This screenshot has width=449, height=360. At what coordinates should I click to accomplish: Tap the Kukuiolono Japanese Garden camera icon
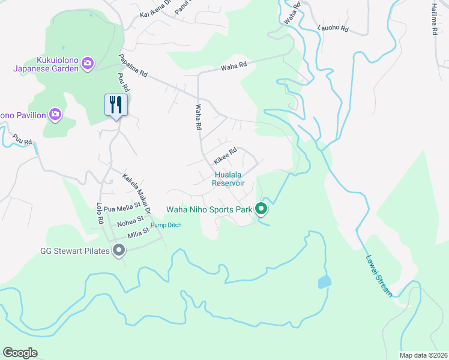pos(88,63)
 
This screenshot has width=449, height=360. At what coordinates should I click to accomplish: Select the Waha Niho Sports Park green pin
pos(261,209)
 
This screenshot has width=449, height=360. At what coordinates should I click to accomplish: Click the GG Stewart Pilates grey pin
pos(119,251)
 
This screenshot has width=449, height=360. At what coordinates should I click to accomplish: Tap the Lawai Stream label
pos(379,276)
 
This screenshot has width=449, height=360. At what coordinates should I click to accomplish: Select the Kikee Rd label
pos(226,157)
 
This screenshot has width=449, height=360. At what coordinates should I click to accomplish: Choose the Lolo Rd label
pos(100,212)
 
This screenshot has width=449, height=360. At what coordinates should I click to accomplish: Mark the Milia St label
pos(138,234)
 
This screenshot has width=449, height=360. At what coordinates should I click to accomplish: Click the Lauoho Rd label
pos(334,28)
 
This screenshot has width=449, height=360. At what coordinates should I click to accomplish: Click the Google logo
pos(20,353)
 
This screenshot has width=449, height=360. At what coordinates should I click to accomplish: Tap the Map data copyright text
pos(423,355)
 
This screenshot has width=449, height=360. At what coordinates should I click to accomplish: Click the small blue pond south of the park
pos(324,282)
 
